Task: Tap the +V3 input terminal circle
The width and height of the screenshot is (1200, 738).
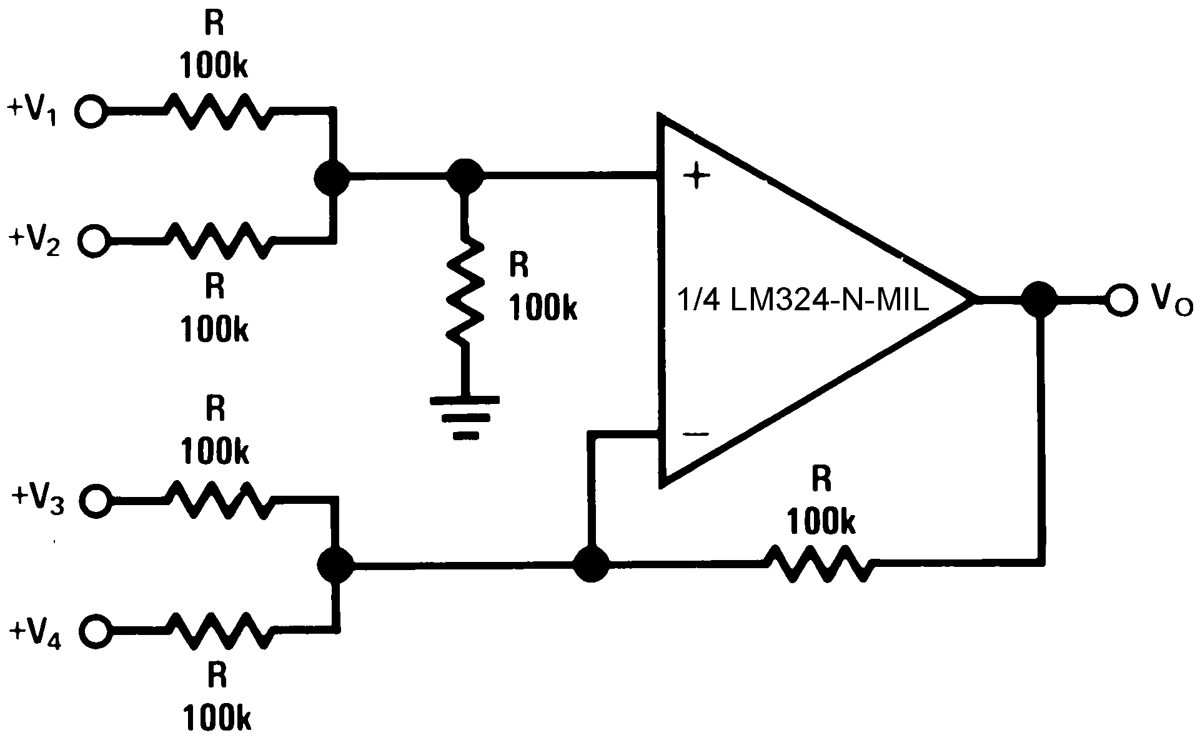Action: (96, 499)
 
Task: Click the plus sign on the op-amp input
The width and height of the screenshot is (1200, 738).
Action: (697, 177)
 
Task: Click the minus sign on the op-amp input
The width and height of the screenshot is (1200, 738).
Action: (695, 434)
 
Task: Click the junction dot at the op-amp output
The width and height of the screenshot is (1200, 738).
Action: (1039, 301)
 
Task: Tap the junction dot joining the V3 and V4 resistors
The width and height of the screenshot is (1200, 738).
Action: (335, 565)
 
